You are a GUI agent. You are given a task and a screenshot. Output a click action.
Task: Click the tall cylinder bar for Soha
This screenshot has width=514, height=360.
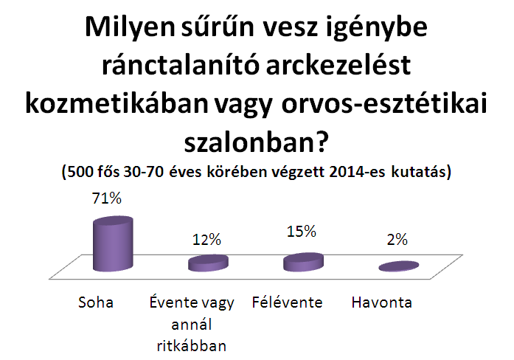pyautogui.click(x=113, y=244)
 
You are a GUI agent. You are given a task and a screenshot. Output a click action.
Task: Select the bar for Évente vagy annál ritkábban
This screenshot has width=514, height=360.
pyautogui.click(x=208, y=263)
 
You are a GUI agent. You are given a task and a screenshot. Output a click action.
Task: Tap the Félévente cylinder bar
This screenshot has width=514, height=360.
pyautogui.click(x=304, y=263)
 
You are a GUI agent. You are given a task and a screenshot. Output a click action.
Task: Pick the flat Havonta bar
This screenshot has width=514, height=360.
pyautogui.click(x=399, y=266)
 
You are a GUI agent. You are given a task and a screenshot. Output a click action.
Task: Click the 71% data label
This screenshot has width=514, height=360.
pyautogui.click(x=107, y=198)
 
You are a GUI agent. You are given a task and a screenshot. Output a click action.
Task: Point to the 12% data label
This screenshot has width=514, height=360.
pyautogui.click(x=206, y=240)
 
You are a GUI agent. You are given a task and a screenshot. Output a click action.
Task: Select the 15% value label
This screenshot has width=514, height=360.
pyautogui.click(x=302, y=232)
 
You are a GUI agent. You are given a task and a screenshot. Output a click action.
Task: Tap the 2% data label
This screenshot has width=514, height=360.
pyautogui.click(x=397, y=240)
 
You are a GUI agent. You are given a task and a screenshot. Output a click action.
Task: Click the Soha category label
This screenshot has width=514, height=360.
pyautogui.click(x=96, y=302)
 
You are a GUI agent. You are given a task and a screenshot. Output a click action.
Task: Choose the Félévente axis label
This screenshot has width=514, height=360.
pyautogui.click(x=287, y=302)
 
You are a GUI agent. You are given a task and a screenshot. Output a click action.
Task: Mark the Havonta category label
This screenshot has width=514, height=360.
pyautogui.click(x=382, y=302)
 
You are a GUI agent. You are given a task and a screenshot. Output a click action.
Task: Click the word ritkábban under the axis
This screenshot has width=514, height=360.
pyautogui.click(x=192, y=345)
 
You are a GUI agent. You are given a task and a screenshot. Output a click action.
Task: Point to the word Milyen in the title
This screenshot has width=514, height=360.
pyautogui.click(x=130, y=27)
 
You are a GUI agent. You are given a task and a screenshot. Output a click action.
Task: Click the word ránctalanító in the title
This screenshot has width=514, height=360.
pyautogui.click(x=179, y=65)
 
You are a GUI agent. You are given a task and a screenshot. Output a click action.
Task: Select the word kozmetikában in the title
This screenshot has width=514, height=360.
pyautogui.click(x=117, y=104)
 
